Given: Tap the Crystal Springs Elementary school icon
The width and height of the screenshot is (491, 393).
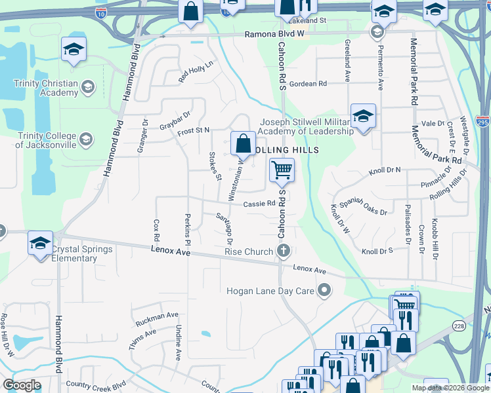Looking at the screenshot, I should tap(40, 243).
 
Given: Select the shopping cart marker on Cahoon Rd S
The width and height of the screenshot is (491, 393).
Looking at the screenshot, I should tap(282, 170).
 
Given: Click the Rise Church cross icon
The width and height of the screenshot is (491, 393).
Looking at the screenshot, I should tap(284, 252).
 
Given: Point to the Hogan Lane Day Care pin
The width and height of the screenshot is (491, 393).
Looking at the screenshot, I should tap(324, 290).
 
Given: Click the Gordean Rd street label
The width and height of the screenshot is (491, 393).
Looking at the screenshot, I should tap(308, 84).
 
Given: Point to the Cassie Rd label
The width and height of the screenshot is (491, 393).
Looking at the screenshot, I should tap(259, 203).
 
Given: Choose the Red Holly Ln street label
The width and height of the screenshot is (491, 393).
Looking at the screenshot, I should tap(196, 72).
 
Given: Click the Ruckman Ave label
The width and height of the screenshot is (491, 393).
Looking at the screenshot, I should tap(157, 320).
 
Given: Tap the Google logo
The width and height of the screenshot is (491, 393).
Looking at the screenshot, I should tap(22, 385).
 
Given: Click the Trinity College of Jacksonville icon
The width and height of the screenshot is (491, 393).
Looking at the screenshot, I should tap(86, 139).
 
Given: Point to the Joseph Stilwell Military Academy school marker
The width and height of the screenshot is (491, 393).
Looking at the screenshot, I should tap(363, 117).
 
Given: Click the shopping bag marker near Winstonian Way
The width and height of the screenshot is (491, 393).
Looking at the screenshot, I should tap(243, 142).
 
